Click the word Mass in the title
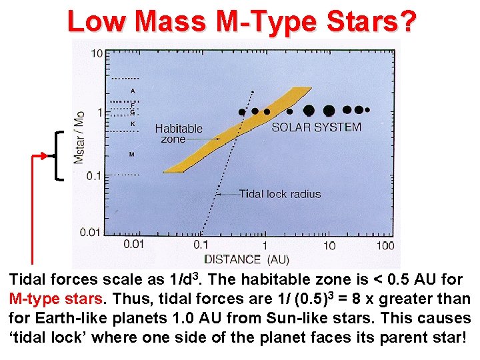(x=170, y=21)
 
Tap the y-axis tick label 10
(x=97, y=53)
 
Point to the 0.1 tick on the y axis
(x=95, y=175)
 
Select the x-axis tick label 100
(x=385, y=245)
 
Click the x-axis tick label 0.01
(x=133, y=244)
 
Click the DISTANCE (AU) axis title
(x=246, y=259)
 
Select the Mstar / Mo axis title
(x=80, y=137)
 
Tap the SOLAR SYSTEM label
(x=316, y=127)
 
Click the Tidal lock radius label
(x=280, y=194)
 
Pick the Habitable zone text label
(x=178, y=133)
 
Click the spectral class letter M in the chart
(x=132, y=154)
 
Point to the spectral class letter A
(x=133, y=90)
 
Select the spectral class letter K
(x=133, y=123)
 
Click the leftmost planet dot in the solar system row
(x=242, y=111)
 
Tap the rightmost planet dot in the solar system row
(x=367, y=109)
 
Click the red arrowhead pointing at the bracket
(x=49, y=155)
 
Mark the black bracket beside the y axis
(x=59, y=155)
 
